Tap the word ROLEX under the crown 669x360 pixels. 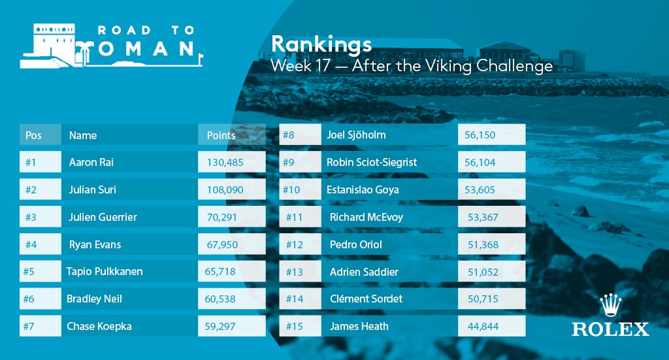[x=610, y=329]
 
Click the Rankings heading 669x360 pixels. [x=321, y=44]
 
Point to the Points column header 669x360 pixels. [x=221, y=135]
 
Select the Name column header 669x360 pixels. [x=83, y=135]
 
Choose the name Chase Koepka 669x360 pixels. [x=99, y=326]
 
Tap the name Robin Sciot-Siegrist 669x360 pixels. [x=371, y=162]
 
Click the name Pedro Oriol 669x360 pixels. [x=356, y=245]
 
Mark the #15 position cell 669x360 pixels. [x=295, y=326]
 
